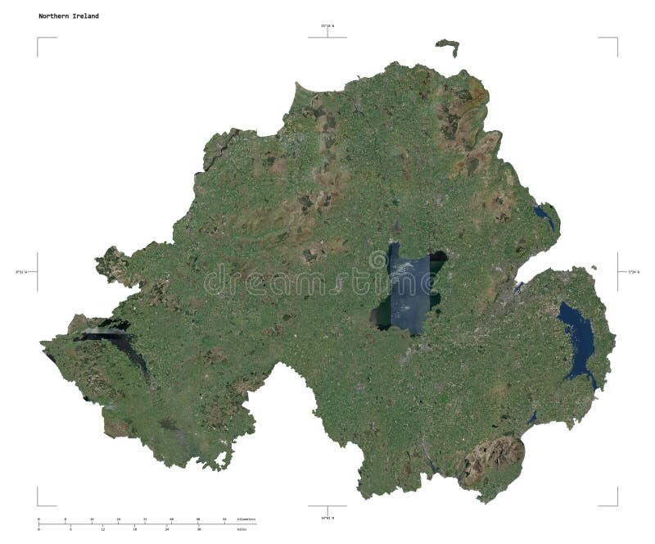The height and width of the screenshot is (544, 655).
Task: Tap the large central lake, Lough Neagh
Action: click(x=407, y=291)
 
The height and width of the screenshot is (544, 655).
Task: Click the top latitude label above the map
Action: click(x=327, y=27)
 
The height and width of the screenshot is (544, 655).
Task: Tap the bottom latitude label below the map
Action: click(x=327, y=517)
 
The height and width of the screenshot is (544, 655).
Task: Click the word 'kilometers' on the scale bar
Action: click(x=246, y=520)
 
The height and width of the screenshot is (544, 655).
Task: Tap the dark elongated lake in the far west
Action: click(x=123, y=344)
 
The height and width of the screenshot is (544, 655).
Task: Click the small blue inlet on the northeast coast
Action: click(x=544, y=217)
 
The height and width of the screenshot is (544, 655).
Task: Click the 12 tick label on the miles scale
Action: click(x=102, y=529)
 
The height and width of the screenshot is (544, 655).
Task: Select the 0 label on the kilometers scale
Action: click(x=38, y=520)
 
